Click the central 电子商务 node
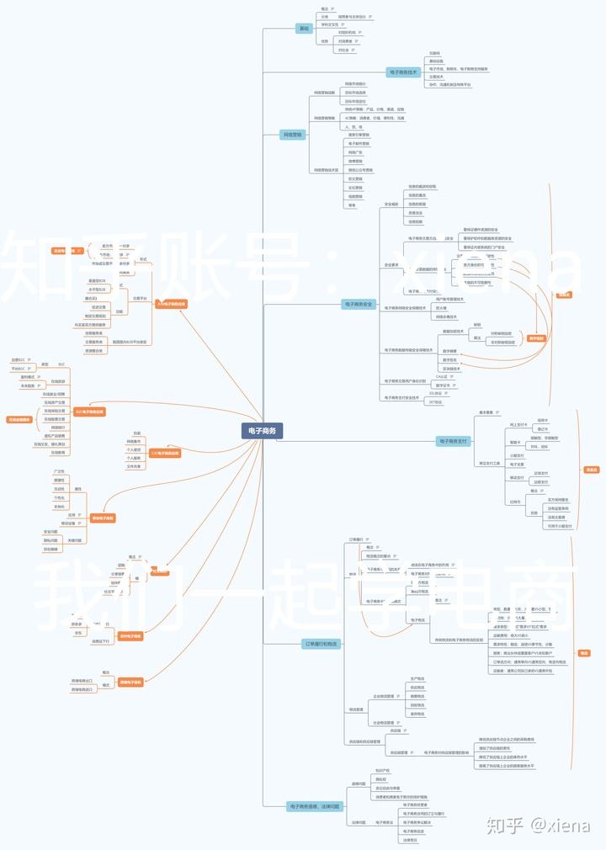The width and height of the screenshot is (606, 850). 261,430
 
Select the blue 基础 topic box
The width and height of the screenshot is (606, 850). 304,29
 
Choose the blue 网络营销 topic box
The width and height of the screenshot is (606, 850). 292,134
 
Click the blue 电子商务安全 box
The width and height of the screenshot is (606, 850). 359,303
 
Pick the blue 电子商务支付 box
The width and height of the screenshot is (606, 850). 452,441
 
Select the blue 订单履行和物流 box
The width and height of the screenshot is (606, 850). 320,644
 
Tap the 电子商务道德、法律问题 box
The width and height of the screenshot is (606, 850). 315,805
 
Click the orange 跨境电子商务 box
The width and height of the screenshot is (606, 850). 130,682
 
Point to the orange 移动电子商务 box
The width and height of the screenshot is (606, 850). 130,635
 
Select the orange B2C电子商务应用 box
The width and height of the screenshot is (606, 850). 90,412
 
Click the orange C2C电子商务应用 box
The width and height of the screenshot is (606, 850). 165,453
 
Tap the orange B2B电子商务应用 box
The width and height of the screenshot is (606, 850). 171,303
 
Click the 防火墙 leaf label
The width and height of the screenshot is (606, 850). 442,307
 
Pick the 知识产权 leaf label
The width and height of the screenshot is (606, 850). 382,770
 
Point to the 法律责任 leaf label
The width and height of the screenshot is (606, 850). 411,839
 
